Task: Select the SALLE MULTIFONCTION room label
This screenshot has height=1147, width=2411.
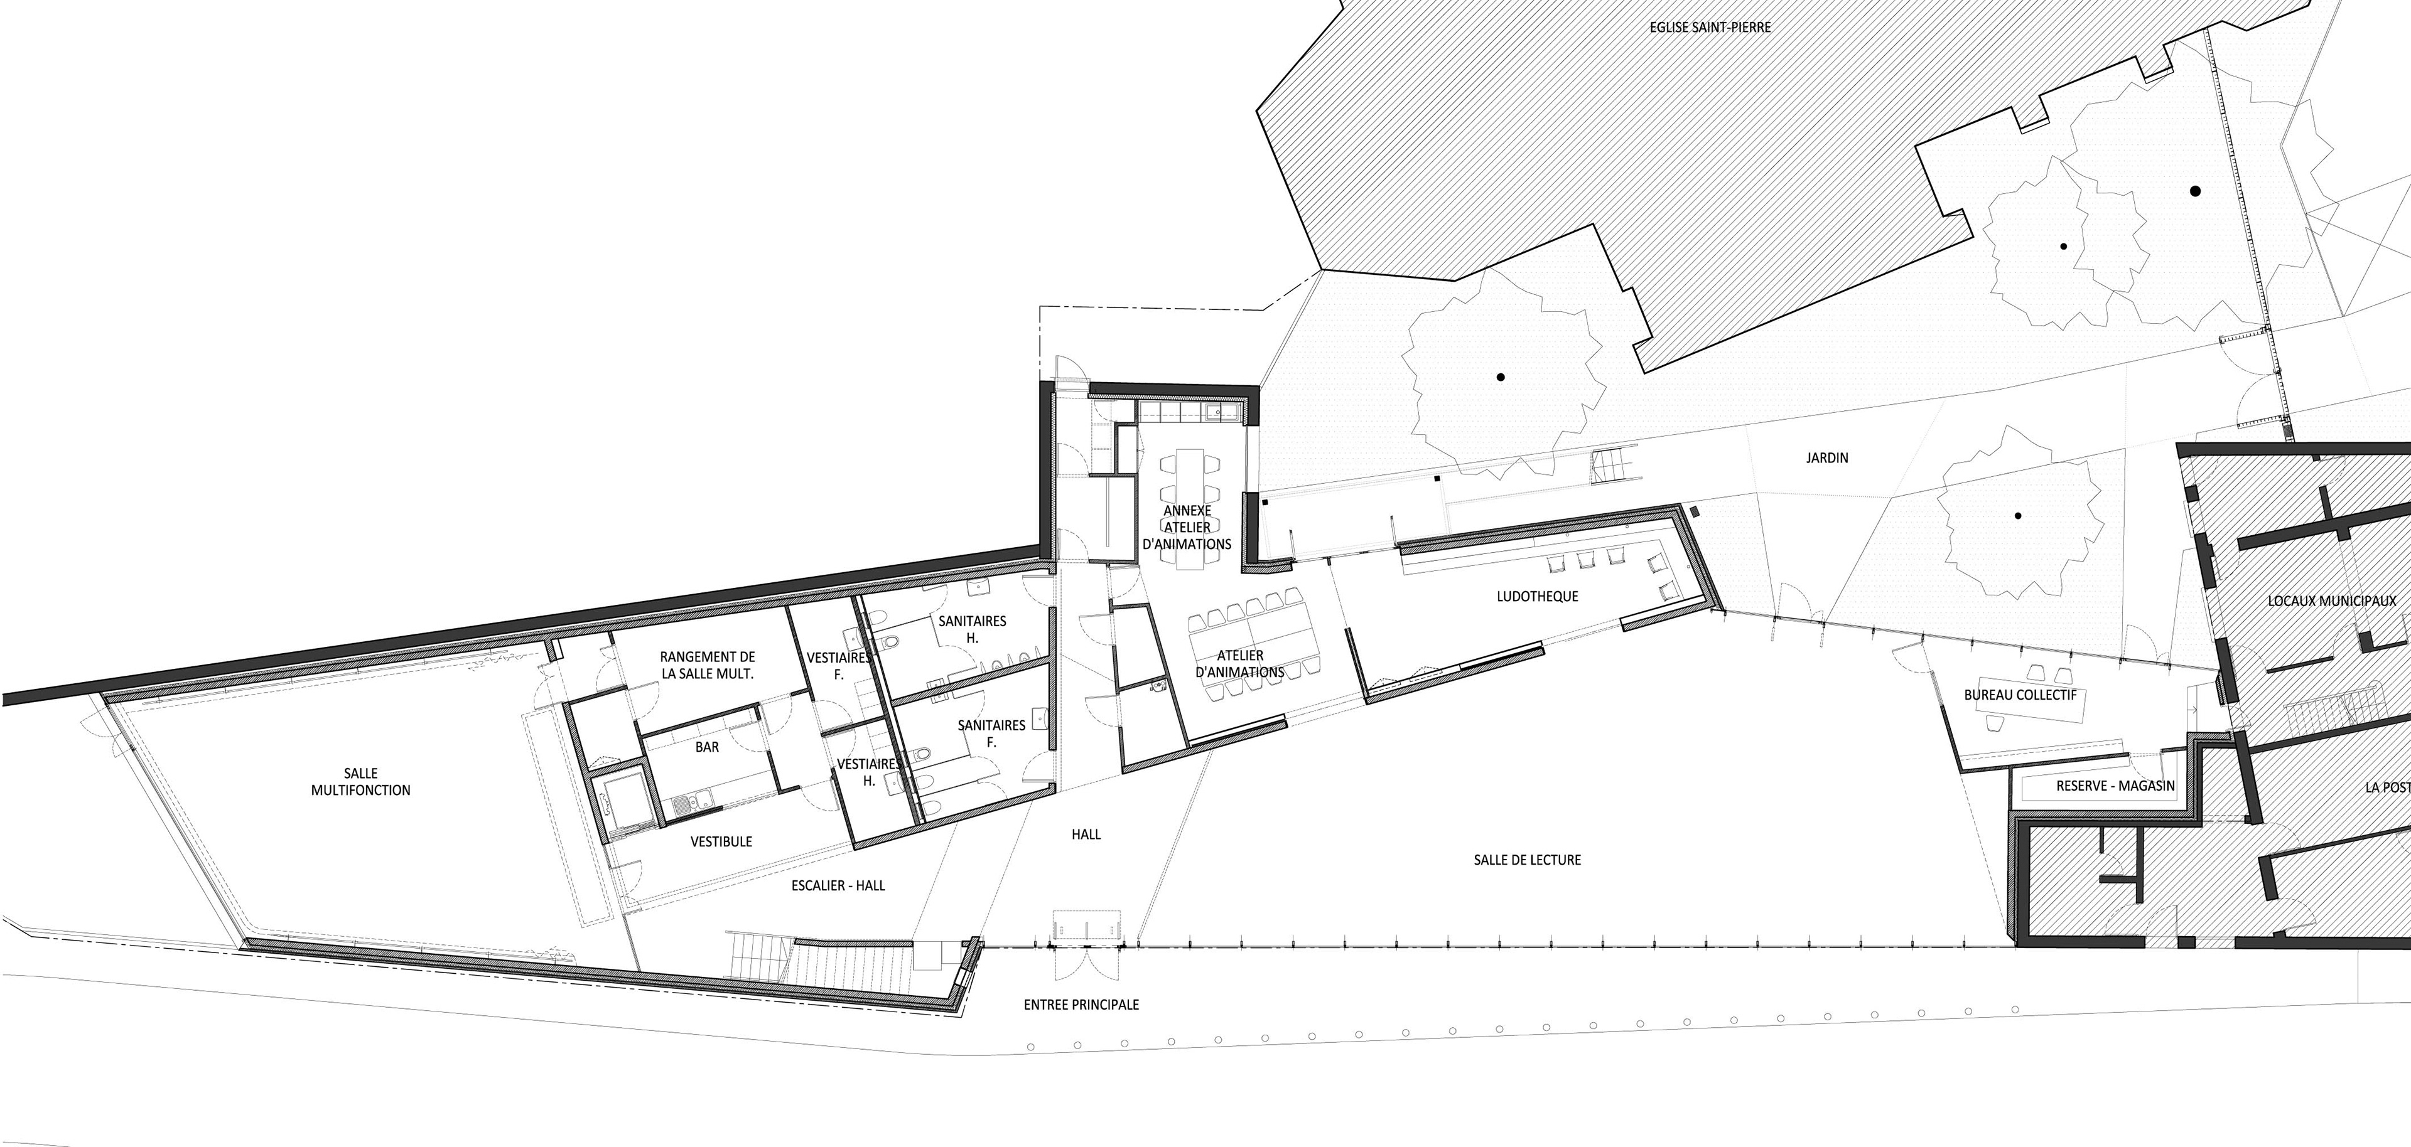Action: tap(360, 781)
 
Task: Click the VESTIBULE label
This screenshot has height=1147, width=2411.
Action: tap(721, 841)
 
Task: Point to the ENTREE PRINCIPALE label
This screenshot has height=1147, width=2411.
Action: tap(1081, 1004)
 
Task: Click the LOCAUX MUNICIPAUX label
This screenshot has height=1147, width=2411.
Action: tap(2337, 600)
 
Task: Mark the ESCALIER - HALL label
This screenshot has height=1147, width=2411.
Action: tap(838, 885)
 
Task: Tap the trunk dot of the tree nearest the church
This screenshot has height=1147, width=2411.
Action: tap(1501, 377)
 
